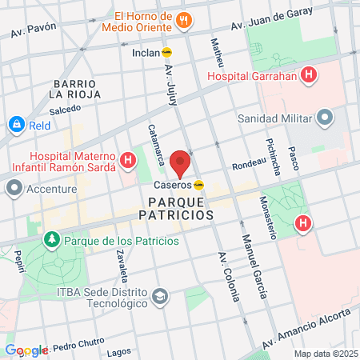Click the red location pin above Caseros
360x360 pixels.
click(x=181, y=162)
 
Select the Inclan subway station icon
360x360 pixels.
click(x=167, y=52)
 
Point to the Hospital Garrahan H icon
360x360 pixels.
click(x=309, y=78)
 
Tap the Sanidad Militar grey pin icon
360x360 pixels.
click(x=324, y=119)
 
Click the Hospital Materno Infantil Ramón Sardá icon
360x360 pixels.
click(x=127, y=162)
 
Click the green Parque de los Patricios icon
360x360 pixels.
click(x=52, y=239)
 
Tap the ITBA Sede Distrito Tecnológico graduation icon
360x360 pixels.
click(x=161, y=298)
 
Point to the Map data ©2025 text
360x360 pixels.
click(x=324, y=354)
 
